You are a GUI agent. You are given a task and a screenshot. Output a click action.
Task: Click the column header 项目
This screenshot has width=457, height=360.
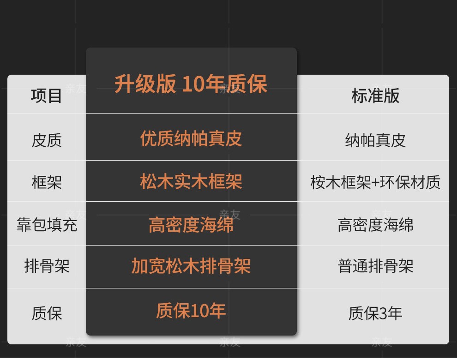tap(46, 96)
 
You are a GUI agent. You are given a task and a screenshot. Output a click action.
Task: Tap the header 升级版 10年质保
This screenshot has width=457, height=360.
tap(191, 84)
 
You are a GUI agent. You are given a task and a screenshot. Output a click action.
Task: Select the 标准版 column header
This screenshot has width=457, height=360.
tap(375, 96)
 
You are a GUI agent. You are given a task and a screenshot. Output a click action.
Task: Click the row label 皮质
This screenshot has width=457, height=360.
tap(47, 140)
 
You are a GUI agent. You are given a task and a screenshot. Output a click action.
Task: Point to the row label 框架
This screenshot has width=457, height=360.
tap(47, 182)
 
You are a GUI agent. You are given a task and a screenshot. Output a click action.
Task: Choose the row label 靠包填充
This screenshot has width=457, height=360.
tap(47, 225)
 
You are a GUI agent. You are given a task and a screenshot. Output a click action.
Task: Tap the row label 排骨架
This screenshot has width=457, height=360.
tap(47, 266)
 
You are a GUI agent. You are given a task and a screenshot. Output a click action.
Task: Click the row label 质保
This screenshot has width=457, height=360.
tap(47, 313)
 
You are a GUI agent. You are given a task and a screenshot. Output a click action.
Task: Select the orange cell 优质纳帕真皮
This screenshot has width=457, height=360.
tap(191, 138)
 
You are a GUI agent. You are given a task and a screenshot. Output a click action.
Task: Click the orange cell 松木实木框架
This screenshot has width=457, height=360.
tap(191, 181)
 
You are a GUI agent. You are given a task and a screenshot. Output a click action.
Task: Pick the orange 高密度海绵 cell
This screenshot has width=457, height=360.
tap(191, 225)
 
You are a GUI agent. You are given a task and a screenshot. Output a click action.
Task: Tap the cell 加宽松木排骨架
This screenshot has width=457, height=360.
tap(191, 266)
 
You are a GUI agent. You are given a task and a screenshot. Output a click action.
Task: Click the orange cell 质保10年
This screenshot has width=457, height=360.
tap(191, 311)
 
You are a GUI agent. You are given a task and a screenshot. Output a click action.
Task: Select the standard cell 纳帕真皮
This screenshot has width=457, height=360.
tap(375, 140)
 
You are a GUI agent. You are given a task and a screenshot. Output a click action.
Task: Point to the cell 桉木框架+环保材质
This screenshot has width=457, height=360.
tap(375, 182)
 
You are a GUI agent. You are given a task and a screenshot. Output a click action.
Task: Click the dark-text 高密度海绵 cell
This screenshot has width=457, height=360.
tap(375, 225)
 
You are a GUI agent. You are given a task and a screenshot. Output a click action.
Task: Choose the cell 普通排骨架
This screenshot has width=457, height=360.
tap(375, 266)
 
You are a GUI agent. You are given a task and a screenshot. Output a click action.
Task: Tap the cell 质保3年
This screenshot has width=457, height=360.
tap(375, 313)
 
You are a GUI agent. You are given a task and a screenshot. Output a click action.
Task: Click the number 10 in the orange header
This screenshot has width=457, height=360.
tap(193, 84)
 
